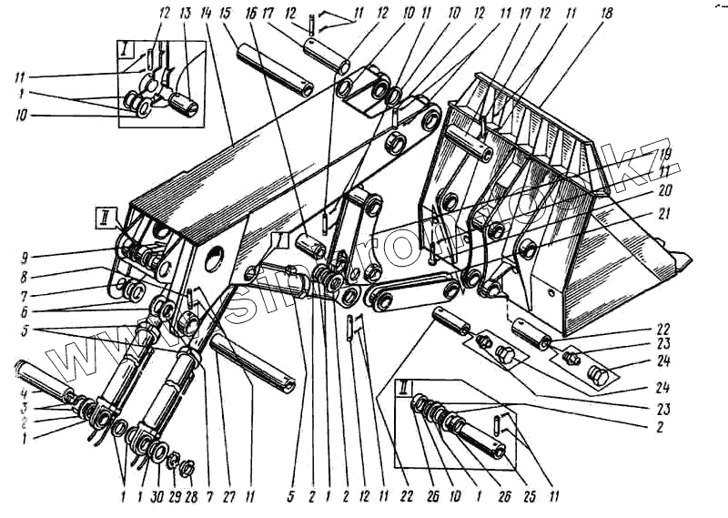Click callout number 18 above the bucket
click(x=607, y=15)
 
